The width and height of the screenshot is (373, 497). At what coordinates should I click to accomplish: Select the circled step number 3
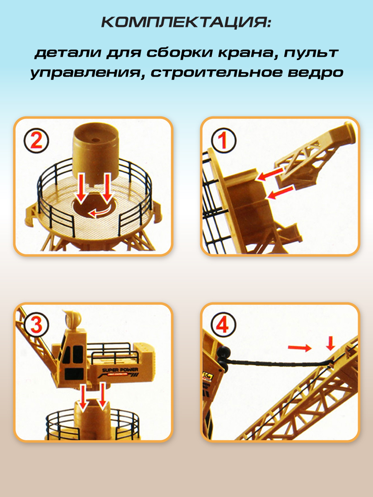36,325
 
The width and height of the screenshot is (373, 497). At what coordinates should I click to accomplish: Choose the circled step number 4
223,325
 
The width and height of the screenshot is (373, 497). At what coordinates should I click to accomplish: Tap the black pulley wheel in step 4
223,358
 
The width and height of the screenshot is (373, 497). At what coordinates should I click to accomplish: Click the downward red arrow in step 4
330,343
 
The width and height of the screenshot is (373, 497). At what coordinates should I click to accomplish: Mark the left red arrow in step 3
85,397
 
